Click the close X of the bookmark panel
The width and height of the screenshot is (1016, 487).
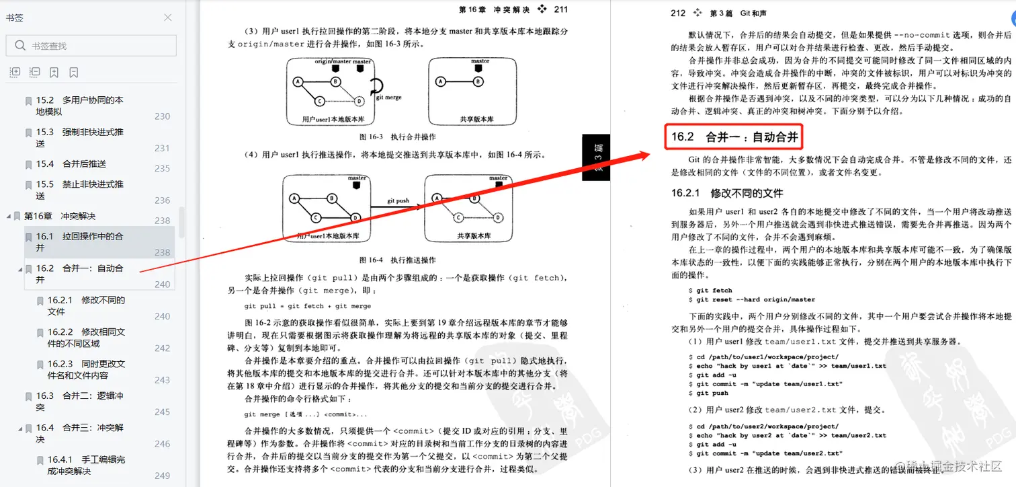pos(168,17)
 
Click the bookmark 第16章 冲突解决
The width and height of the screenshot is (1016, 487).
pos(60,216)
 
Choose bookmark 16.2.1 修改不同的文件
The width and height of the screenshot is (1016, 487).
pos(86,305)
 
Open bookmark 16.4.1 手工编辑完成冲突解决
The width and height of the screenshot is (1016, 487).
pos(86,465)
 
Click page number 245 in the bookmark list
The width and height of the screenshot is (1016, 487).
pos(163,412)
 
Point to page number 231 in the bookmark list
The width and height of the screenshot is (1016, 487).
pos(163,148)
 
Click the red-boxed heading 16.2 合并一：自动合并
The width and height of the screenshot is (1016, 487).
pos(734,137)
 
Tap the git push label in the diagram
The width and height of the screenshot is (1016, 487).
pos(398,200)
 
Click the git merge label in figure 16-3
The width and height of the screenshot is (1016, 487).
pos(388,98)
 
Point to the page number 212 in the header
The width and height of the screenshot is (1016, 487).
pos(678,13)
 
